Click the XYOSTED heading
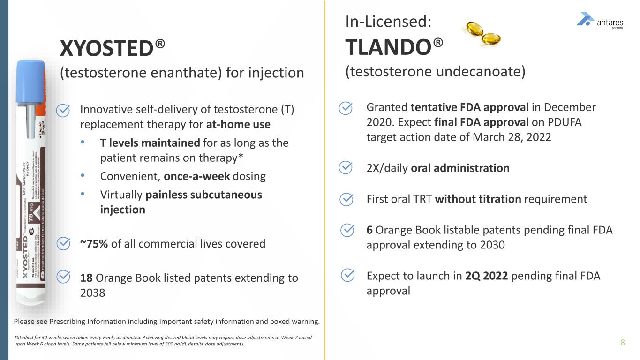pyautogui.click(x=113, y=48)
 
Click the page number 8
pyautogui.click(x=623, y=342)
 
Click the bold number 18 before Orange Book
pyautogui.click(x=86, y=278)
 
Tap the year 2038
pyautogui.click(x=93, y=293)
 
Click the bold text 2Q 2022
pyautogui.click(x=487, y=276)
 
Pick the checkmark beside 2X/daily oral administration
pyautogui.click(x=346, y=168)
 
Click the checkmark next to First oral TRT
pyautogui.click(x=346, y=199)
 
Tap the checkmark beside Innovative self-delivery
pyautogui.click(x=63, y=110)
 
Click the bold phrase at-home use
pyautogui.click(x=238, y=125)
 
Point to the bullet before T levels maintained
pyautogui.click(x=83, y=142)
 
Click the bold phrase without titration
pyautogui.click(x=478, y=199)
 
